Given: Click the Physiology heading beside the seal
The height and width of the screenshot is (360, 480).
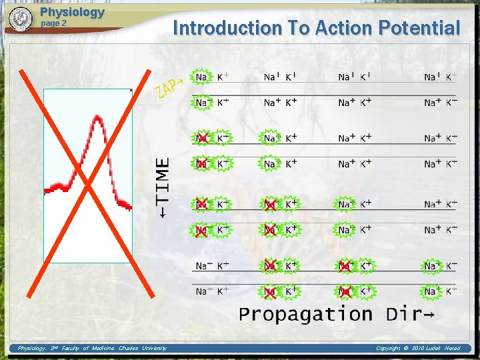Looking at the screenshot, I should tap(72, 12).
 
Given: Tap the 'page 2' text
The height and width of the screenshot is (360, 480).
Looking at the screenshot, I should tap(54, 23).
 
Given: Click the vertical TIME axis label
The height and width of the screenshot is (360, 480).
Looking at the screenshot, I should tap(163, 186).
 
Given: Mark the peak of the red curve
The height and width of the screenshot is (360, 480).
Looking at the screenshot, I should tap(98, 118).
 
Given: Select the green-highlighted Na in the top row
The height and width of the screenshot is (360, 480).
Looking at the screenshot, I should tap(201, 77).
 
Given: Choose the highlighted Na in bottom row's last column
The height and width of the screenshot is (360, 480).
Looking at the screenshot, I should tap(431, 291).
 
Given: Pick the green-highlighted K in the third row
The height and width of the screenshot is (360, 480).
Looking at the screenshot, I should tap(223, 138).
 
